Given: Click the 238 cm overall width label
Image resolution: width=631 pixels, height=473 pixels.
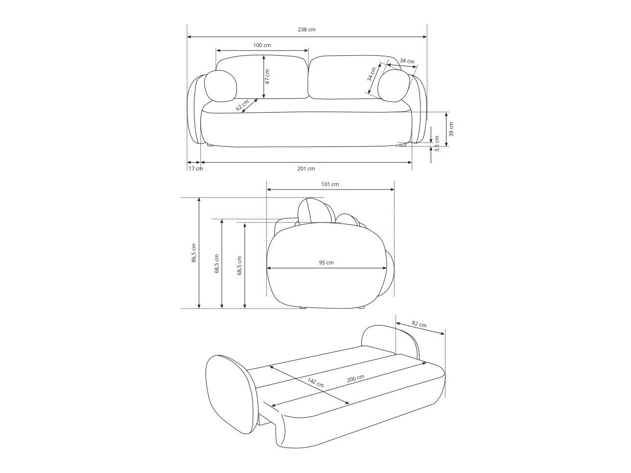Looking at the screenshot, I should click(306, 29).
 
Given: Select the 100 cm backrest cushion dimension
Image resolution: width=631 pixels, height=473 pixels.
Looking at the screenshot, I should click(262, 45).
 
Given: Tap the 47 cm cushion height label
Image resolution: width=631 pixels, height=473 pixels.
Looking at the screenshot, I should click(267, 76).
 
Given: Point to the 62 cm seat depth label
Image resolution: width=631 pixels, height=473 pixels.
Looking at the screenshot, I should click(242, 106).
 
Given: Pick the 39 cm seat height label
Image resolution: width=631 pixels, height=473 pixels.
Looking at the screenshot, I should click(451, 129).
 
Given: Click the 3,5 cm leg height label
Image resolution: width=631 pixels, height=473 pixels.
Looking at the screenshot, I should click(437, 143).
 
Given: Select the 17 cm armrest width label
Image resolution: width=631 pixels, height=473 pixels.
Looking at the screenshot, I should click(195, 168).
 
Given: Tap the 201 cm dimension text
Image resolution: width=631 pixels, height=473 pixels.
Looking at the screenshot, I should click(306, 168).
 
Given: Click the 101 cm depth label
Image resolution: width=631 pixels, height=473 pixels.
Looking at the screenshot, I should click(330, 185).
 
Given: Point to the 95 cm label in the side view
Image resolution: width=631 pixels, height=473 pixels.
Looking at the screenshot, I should click(326, 262).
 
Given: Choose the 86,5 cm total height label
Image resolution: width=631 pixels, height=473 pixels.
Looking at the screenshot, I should click(194, 253).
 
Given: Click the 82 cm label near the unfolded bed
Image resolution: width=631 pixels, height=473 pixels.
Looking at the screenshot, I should click(419, 324).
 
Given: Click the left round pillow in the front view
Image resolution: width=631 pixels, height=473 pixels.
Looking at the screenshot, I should click(220, 86).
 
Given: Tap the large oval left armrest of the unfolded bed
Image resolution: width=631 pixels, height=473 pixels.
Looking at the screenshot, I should click(230, 394).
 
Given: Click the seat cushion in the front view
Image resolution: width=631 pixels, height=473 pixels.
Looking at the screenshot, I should click(306, 129).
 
